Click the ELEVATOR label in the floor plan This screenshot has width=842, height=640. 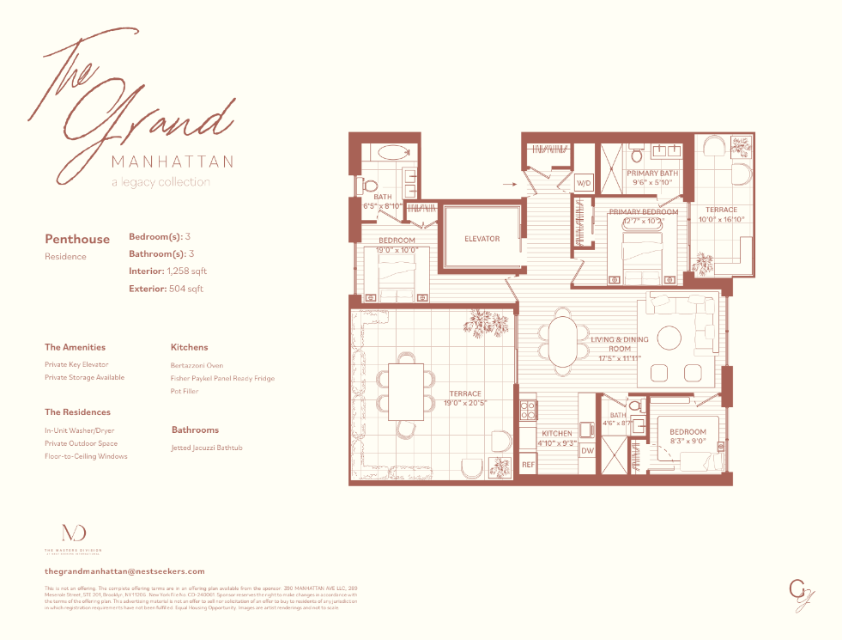point(482,239)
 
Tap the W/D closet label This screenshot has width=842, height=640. point(584,183)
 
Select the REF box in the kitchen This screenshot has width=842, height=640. point(529,465)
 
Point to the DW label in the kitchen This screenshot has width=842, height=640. point(588,450)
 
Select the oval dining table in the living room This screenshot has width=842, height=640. point(563,342)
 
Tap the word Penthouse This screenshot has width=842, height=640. point(77,239)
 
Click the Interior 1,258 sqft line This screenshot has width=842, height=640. point(167,271)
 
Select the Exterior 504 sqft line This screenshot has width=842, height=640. point(166,289)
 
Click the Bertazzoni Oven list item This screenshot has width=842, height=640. point(197,365)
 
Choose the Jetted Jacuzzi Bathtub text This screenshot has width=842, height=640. point(207,448)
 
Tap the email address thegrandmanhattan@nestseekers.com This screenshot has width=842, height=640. point(124,570)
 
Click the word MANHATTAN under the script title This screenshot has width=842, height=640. point(173,162)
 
